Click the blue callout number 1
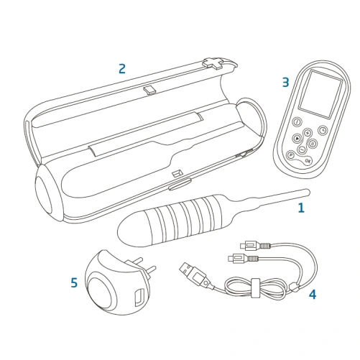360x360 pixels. (x=301, y=208)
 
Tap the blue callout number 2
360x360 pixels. (x=122, y=68)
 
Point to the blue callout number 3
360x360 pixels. (x=286, y=82)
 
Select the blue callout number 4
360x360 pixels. (x=313, y=294)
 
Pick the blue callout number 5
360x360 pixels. (x=74, y=282)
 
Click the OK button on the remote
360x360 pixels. (x=308, y=161)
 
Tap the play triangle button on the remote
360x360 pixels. (x=297, y=138)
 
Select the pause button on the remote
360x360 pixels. (x=313, y=144)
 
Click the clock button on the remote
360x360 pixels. (x=323, y=130)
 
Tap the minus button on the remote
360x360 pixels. (x=302, y=149)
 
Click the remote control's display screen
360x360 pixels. (x=322, y=93)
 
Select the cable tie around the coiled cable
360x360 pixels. (x=255, y=288)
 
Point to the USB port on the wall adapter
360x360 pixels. (x=139, y=297)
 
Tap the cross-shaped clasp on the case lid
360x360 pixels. (x=215, y=63)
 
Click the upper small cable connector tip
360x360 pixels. (x=243, y=246)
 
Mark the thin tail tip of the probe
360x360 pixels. (x=308, y=191)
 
